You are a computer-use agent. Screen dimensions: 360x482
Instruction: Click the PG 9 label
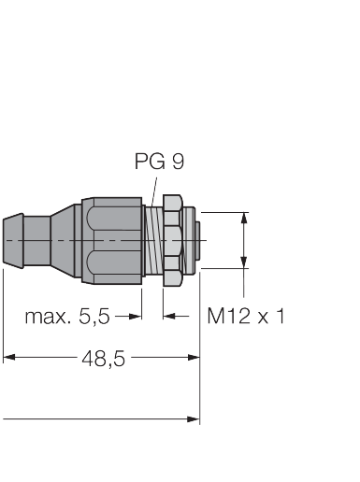[159, 161]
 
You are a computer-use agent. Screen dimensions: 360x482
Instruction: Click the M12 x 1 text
[246, 316]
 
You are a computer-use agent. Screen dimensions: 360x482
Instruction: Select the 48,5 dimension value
[103, 358]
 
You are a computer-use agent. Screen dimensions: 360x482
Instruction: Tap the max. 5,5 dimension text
[67, 316]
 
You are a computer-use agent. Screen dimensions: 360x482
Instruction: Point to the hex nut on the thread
[172, 240]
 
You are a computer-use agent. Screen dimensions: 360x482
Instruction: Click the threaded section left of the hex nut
[154, 240]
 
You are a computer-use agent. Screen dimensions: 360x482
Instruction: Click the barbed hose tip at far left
[13, 240]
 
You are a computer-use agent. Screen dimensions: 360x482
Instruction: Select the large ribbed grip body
[112, 240]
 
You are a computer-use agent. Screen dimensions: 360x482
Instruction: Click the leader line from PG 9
[153, 192]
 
